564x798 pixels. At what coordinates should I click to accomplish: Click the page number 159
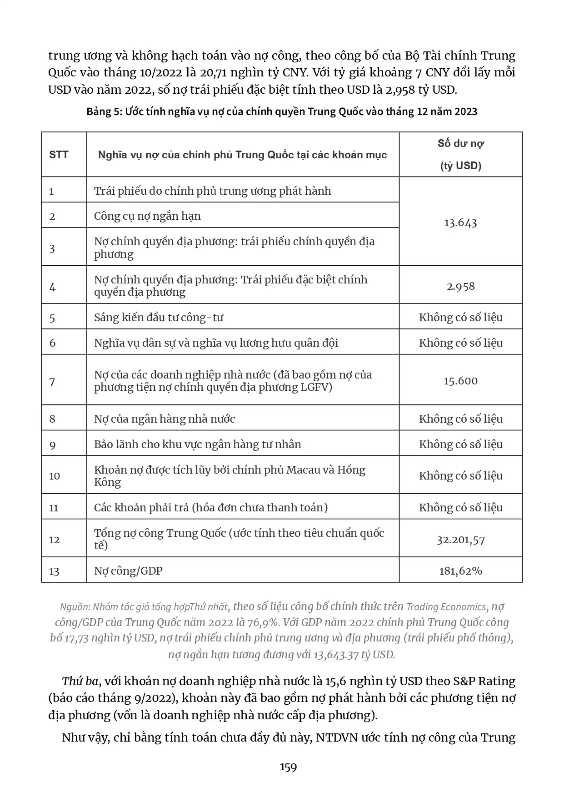[x=288, y=768]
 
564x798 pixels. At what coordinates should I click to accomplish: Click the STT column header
[x=59, y=155]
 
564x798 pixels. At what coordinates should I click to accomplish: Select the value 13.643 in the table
[x=460, y=222]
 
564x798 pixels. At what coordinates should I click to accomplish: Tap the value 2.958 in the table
[x=460, y=286]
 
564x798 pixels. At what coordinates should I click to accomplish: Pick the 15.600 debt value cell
[x=460, y=381]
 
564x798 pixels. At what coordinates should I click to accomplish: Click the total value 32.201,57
[x=460, y=540]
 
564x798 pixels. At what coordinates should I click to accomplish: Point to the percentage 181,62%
[x=460, y=571]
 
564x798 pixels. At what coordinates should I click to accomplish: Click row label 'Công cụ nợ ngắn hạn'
[x=147, y=216]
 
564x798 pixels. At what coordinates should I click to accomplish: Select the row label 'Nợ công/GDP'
[x=128, y=571]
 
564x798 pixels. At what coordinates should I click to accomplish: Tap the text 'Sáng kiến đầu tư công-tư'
[x=159, y=318]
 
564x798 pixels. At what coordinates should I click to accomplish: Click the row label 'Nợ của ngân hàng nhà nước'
[x=165, y=419]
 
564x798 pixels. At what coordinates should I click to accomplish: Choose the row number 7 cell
[x=52, y=382]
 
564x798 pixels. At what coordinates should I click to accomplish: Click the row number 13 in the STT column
[x=54, y=571]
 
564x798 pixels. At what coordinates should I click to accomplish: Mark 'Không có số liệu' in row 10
[x=460, y=476]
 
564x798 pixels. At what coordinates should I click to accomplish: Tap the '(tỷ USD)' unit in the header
[x=460, y=166]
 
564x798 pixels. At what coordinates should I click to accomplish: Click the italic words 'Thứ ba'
[x=80, y=682]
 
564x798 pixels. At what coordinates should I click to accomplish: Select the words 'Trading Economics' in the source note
[x=446, y=607]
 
